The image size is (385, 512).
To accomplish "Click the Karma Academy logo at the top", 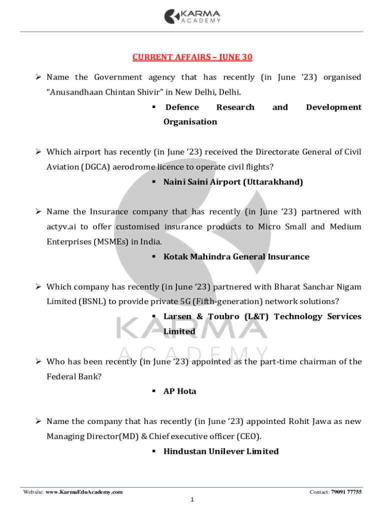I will (192, 16).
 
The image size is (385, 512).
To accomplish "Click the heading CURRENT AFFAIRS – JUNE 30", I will (192, 57).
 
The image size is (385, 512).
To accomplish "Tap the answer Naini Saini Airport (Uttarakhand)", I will (233, 182).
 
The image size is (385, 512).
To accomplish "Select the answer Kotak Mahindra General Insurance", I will (236, 257).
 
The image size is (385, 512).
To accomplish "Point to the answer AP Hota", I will (179, 391).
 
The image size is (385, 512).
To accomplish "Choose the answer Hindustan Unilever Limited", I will (221, 451).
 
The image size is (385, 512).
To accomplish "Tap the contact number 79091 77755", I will (346, 492).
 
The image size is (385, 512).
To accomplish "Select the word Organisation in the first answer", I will (190, 122).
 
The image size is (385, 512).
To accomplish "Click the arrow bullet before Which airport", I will (37, 152).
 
